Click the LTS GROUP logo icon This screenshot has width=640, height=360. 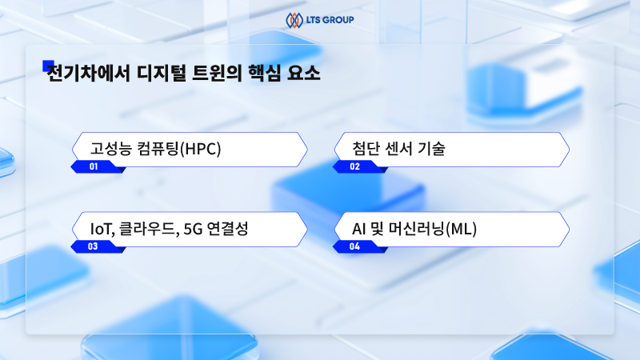(294, 18)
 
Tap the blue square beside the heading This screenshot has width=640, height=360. (48, 66)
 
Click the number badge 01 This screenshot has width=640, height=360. (94, 167)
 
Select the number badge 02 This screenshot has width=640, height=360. (355, 167)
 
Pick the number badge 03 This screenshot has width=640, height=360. (94, 246)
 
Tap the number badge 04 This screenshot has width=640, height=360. (355, 246)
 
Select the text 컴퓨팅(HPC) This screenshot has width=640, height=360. (178, 149)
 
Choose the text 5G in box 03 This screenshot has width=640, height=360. (192, 230)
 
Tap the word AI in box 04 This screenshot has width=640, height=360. (359, 230)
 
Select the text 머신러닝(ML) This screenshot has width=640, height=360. (439, 230)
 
